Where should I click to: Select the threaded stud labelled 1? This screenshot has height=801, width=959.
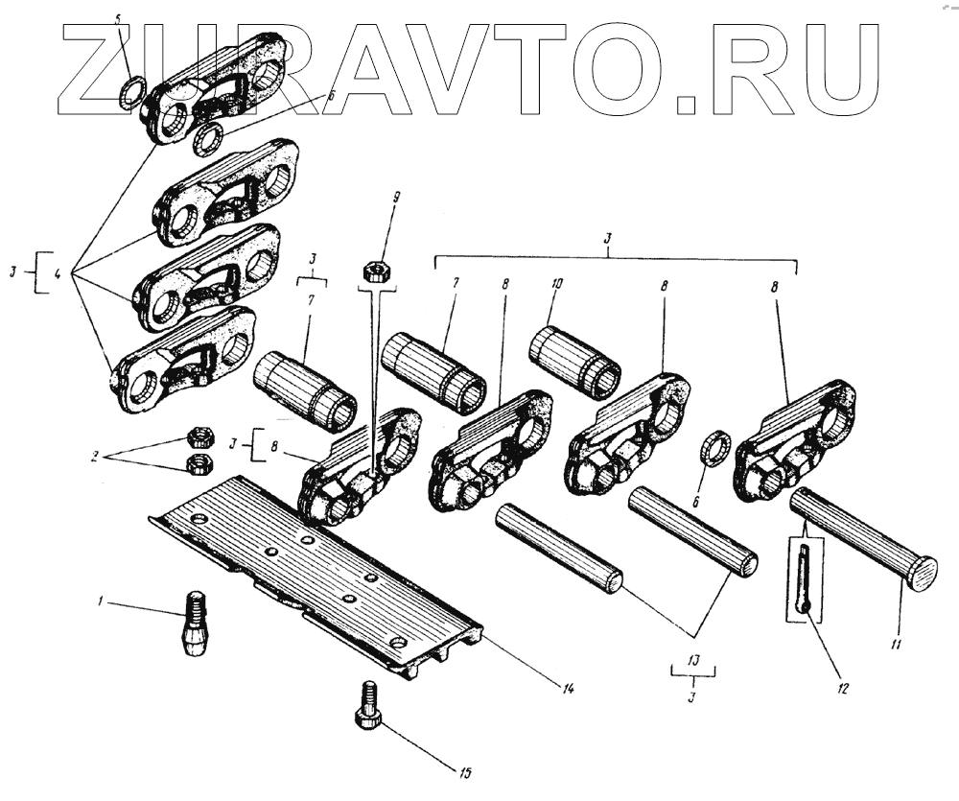[x=195, y=624]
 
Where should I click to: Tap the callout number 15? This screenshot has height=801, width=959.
[x=466, y=771]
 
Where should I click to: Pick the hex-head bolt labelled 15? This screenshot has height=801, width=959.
[x=367, y=706]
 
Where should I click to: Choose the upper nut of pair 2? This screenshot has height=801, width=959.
[x=202, y=438]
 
